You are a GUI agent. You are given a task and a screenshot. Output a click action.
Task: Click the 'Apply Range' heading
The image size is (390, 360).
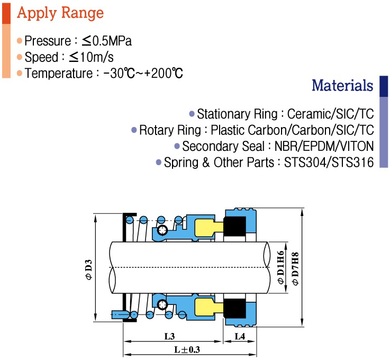(60, 13)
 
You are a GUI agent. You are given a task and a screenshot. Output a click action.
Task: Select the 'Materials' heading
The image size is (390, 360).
(342, 85)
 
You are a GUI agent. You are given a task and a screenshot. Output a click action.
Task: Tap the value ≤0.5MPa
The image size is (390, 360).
(107, 41)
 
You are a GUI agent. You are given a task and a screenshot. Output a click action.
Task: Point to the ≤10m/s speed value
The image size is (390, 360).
(91, 57)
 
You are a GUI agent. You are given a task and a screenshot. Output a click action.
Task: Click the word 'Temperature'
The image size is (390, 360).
(59, 74)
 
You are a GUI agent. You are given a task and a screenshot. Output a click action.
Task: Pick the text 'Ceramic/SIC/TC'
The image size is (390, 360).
(330, 114)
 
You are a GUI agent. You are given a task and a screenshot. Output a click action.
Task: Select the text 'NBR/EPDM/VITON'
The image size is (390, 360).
(324, 146)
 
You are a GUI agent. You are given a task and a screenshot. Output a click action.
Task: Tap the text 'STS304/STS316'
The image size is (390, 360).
(329, 163)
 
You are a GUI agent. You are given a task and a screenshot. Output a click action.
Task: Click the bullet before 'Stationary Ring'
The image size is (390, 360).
(192, 114)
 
